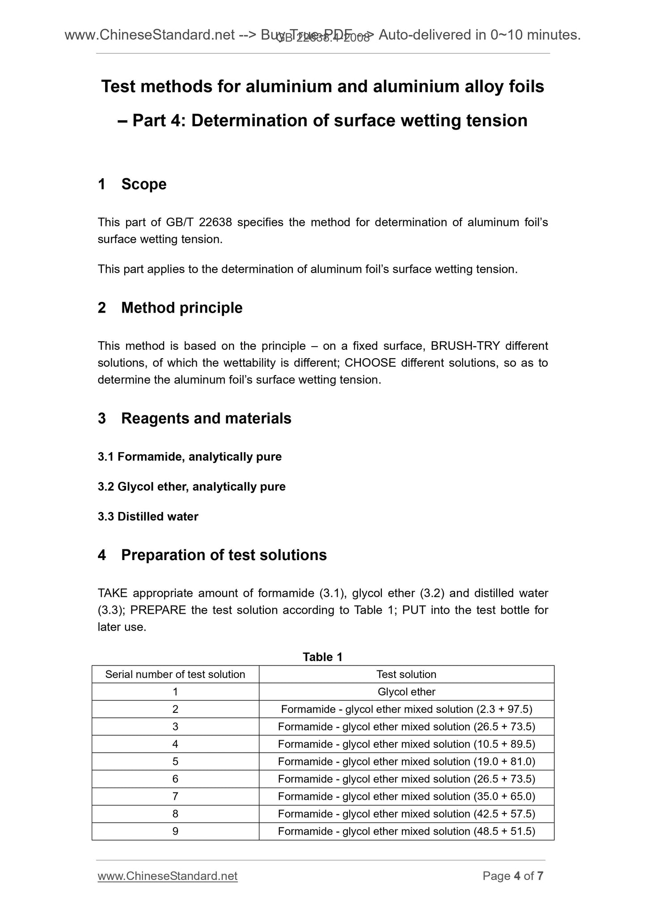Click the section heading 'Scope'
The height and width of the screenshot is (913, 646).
click(x=144, y=184)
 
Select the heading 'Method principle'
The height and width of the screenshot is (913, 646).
click(x=182, y=308)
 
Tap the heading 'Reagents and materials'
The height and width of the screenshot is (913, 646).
click(x=206, y=419)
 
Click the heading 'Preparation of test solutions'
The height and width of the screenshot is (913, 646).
click(x=224, y=555)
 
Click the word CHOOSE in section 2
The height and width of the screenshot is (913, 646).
click(x=370, y=363)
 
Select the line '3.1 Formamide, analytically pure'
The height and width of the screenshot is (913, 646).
click(x=190, y=457)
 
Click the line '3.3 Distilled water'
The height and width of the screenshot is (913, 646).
click(x=148, y=517)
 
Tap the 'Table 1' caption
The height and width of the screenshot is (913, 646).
click(x=322, y=657)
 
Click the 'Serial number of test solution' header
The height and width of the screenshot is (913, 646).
click(x=175, y=674)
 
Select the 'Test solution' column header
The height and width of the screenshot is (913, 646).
click(x=406, y=674)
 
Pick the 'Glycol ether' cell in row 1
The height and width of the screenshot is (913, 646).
click(x=406, y=692)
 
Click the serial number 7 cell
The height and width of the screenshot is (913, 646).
click(x=175, y=796)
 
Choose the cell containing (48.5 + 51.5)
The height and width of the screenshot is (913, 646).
click(x=406, y=831)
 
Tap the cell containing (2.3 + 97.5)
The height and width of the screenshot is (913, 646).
click(x=406, y=709)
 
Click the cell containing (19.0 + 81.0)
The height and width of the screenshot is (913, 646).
click(x=406, y=762)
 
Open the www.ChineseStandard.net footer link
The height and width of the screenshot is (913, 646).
click(x=167, y=876)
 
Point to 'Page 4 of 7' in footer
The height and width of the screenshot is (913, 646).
click(x=513, y=876)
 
